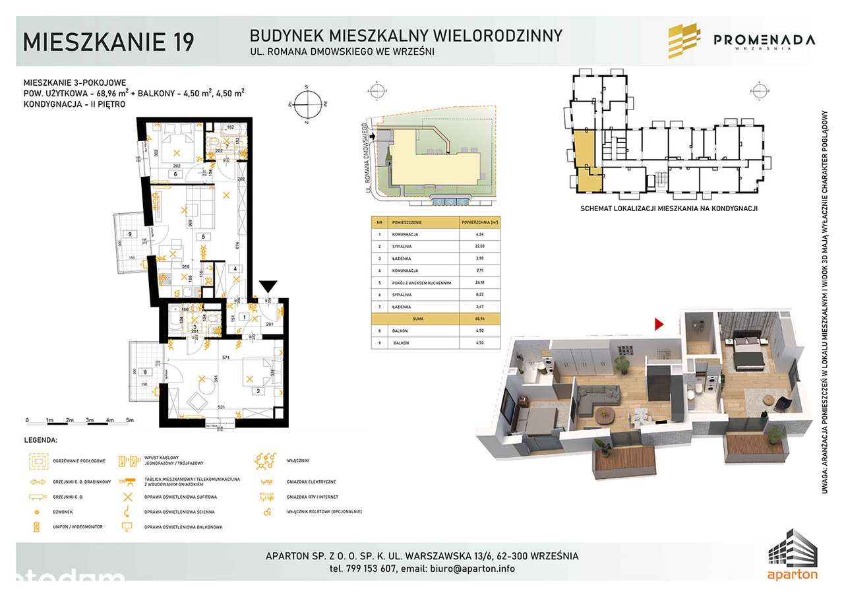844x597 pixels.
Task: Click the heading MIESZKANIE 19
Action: click(x=109, y=41)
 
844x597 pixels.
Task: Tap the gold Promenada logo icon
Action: click(x=684, y=41)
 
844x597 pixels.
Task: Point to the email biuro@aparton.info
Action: click(x=472, y=569)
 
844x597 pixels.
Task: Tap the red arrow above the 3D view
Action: click(x=657, y=323)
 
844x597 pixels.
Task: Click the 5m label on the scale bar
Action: click(x=130, y=420)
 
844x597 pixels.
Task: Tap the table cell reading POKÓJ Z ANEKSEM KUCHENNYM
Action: click(x=422, y=283)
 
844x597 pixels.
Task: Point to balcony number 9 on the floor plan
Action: click(x=130, y=234)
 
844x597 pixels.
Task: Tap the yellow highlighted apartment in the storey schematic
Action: click(x=585, y=162)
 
